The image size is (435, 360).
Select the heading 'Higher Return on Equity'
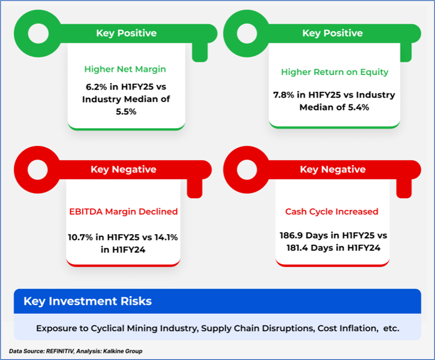click(x=334, y=72)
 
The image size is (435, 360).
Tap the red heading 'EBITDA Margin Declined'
click(x=123, y=211)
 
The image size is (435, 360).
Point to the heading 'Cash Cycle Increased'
click(x=331, y=211)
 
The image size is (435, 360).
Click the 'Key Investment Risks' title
click(x=88, y=301)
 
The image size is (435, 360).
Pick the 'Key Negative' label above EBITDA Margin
click(x=123, y=169)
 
